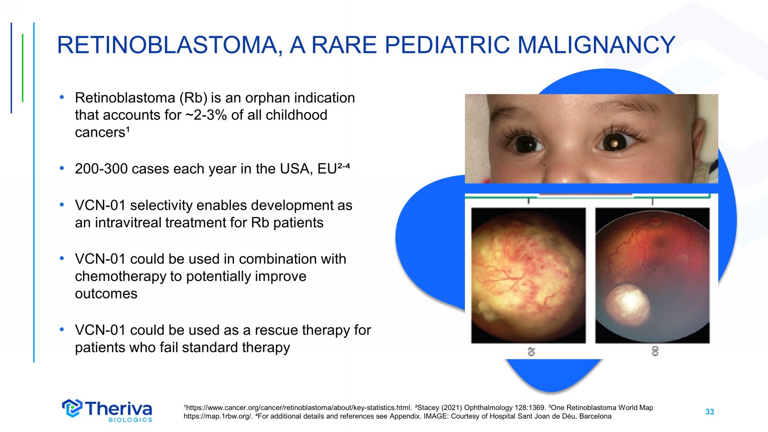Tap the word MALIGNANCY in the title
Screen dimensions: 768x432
coord(596,45)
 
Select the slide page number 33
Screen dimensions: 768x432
coord(709,412)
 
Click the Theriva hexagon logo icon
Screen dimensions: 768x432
coord(72,408)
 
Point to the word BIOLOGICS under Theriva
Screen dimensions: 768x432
coord(130,420)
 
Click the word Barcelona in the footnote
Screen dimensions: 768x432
coord(595,417)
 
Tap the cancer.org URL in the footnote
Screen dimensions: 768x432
coord(297,408)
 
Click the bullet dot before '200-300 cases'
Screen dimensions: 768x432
coord(62,168)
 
